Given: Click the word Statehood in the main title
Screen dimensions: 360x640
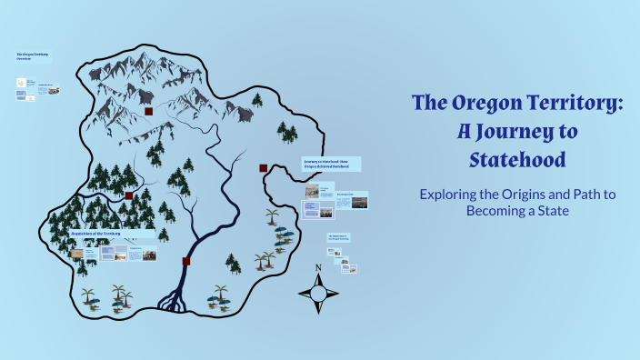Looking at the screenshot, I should (x=517, y=160).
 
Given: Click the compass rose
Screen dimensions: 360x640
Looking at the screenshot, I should (x=318, y=293).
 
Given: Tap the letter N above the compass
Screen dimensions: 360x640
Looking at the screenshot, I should (x=318, y=267).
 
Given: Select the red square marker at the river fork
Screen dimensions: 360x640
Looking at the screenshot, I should (x=185, y=262).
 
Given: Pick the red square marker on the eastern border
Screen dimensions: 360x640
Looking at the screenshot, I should (x=263, y=168).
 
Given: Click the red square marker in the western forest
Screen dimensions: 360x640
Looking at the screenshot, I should (x=128, y=195).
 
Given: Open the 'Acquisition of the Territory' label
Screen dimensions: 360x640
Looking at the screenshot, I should (x=95, y=234).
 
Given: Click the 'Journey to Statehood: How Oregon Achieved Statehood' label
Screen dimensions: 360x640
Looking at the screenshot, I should (x=331, y=164).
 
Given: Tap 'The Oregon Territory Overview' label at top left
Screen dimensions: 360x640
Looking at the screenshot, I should (x=33, y=57).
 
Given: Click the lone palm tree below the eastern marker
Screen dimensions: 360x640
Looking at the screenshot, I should (x=272, y=217).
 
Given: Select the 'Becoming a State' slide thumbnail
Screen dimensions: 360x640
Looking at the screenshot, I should (x=351, y=200).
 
